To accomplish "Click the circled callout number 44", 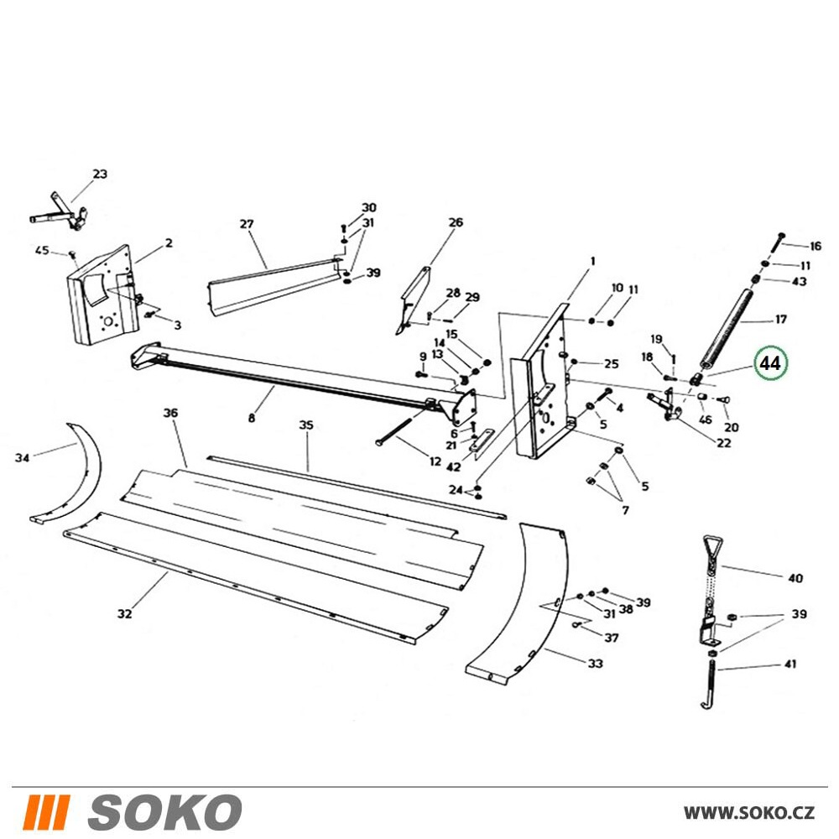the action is click(x=770, y=363).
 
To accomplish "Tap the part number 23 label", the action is click(x=100, y=174).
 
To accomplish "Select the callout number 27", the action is click(x=247, y=224).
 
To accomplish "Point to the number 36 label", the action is click(x=170, y=413).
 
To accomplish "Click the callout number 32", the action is click(x=125, y=614).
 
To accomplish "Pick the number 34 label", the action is click(x=22, y=457).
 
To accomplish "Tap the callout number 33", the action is click(x=596, y=664).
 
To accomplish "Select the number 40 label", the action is click(x=795, y=578).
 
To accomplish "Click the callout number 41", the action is click(x=790, y=664).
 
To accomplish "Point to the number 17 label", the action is click(x=781, y=320).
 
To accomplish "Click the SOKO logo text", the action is click(x=164, y=811).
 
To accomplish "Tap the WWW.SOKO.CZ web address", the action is click(x=749, y=812).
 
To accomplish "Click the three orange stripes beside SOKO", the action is click(x=46, y=811).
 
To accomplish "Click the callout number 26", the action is click(x=456, y=222).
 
